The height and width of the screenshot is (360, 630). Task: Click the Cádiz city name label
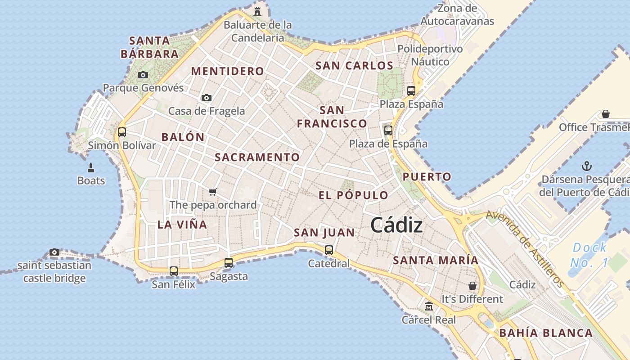point(396,225)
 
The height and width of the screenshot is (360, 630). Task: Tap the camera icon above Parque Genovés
point(143,75)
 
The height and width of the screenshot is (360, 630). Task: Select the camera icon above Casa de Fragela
point(207,98)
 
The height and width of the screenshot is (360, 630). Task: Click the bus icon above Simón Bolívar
point(122,132)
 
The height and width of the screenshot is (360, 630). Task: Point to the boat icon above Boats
point(91,168)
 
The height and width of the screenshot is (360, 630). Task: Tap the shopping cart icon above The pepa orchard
point(213,192)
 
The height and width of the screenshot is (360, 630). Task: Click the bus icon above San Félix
point(174,271)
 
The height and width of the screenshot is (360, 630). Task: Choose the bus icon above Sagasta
point(229,263)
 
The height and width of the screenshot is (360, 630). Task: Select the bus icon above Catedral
point(329,250)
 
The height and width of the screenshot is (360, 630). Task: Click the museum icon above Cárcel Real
point(429,306)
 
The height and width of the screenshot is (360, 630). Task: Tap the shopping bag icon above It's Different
point(472,286)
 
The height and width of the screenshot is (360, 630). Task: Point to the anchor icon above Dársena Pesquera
point(587,166)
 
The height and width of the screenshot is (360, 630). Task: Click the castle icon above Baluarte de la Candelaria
point(257,11)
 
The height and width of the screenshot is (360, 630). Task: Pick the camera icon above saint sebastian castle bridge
point(54,252)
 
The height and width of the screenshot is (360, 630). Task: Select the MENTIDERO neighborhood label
point(228,71)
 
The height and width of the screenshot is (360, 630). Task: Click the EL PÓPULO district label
point(353,195)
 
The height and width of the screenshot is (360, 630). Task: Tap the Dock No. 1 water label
point(589,255)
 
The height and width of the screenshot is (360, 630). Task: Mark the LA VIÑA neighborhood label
point(182,225)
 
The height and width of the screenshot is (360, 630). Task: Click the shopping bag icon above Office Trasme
point(606,114)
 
